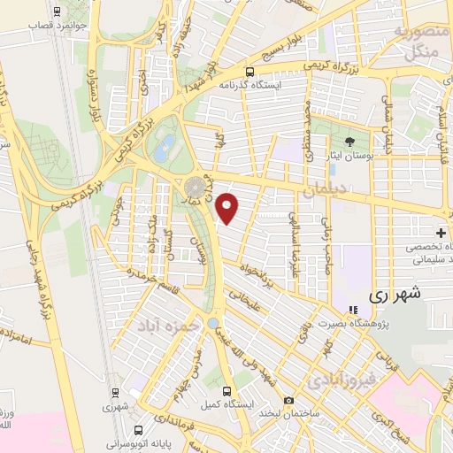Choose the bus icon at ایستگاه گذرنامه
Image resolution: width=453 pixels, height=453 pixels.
[250, 72]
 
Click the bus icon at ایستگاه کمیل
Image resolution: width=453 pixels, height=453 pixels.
[227, 390]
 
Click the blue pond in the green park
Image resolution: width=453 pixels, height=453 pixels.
[164, 150]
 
